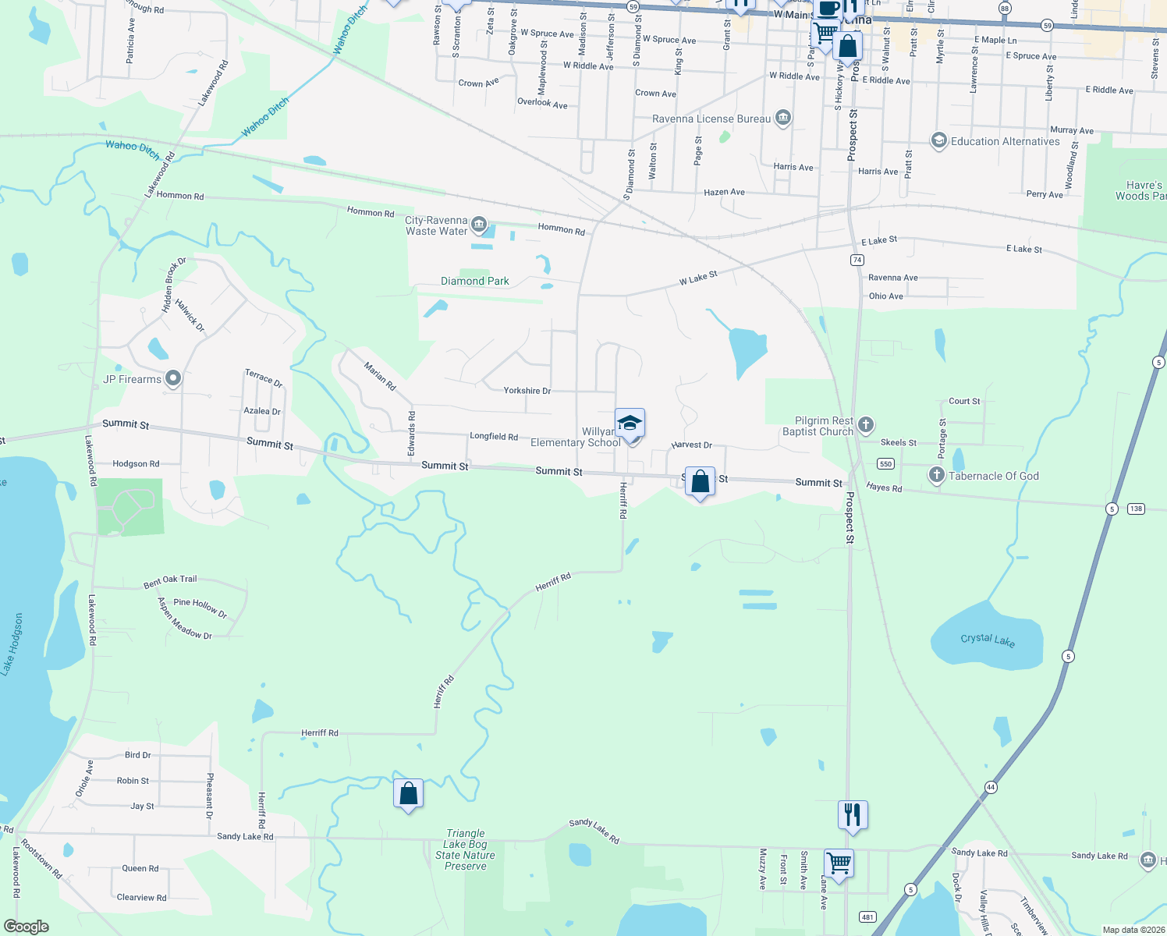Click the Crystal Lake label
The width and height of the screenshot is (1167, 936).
coord(988,640)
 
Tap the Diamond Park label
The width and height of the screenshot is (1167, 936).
coord(474,281)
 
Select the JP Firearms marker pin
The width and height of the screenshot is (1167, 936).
coord(173,379)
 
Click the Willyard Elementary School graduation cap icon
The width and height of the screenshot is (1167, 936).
coord(630,424)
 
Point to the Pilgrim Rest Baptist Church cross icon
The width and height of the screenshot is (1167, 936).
coord(865,425)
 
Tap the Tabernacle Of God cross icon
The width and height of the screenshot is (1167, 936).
coord(936,475)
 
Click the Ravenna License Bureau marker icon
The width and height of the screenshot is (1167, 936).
coord(783,119)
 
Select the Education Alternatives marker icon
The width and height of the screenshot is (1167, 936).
coord(938,140)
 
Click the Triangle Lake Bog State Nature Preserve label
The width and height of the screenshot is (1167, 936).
coord(465,849)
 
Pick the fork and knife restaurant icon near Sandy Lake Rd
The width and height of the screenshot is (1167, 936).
coord(853,815)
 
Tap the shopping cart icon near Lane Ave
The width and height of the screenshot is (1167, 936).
coord(839,863)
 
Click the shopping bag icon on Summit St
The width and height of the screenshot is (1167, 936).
coord(700,482)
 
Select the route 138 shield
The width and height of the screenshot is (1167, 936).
coord(1135,509)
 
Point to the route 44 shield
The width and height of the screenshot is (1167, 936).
coord(990,787)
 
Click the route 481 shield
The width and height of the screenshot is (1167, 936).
coord(867,917)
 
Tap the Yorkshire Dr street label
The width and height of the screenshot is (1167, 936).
coord(527,391)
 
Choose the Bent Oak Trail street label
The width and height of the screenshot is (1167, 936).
coord(170,581)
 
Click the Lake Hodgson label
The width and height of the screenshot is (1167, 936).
coord(12,644)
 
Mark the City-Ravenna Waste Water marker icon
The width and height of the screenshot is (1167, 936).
coord(479,225)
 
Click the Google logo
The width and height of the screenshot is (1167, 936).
coord(27,927)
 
